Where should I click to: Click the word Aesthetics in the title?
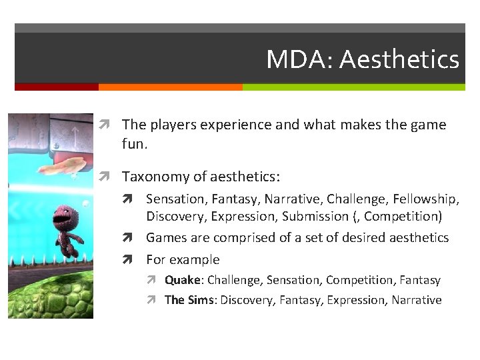(399, 60)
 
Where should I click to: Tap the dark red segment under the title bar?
(57, 87)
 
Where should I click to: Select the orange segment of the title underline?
(170, 87)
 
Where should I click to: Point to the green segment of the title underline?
(353, 87)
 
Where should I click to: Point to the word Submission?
(315, 217)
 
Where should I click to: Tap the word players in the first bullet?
(173, 125)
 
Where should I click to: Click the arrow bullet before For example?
(135, 260)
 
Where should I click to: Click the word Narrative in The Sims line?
(416, 300)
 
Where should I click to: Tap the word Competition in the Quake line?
(360, 281)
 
